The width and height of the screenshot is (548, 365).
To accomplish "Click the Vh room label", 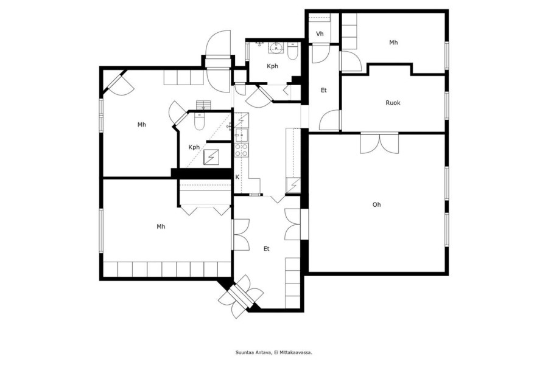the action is pos(320,34).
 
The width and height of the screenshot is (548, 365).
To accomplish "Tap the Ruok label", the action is pos(393,103).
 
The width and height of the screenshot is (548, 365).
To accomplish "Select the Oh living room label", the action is pos(376,204).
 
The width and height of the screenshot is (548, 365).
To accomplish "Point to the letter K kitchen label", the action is pos(237,177).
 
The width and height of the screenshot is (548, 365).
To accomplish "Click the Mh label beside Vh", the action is pos(393,43).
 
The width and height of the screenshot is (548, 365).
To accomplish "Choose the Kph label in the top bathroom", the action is pos(272,66).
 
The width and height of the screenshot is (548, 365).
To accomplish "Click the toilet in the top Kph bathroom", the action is pos(292,51).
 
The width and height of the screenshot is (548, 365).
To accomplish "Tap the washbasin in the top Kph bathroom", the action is pos(276,48).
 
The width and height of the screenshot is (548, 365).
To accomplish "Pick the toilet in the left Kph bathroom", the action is pos(199,121).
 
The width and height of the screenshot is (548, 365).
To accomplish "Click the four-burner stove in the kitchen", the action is pos(242,150).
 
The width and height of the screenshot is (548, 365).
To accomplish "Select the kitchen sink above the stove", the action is pos(242,135).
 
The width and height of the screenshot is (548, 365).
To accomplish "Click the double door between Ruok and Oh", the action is pos(379,143).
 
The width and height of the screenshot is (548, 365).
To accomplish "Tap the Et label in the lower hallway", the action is pos(267,249).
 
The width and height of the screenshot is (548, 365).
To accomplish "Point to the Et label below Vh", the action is pos(324,90).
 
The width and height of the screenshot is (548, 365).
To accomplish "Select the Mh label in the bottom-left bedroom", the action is pos(161,227).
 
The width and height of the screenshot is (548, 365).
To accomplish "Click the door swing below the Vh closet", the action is pos(320,54).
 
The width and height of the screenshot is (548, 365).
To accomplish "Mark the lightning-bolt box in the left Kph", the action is pos(211,157).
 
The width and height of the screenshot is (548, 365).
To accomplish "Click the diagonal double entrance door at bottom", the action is pos(241,296).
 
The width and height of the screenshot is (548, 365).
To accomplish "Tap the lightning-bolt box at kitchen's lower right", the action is pos(293,185).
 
